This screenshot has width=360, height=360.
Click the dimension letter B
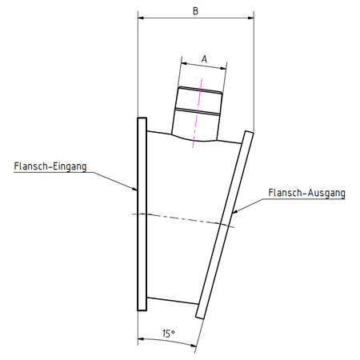[x=195, y=11]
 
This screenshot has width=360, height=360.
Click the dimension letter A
[x=204, y=59]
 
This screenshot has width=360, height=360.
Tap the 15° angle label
[x=169, y=334]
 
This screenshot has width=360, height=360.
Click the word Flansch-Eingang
[x=50, y=166]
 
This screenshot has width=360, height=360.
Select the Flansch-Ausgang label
[x=306, y=193]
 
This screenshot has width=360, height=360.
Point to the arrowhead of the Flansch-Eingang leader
[x=135, y=189]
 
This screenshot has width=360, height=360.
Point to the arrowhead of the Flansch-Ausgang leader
[x=234, y=212]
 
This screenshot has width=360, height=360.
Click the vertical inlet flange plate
[x=142, y=214]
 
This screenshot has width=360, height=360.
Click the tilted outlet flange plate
[x=225, y=225]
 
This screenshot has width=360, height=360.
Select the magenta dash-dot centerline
[x=198, y=114]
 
